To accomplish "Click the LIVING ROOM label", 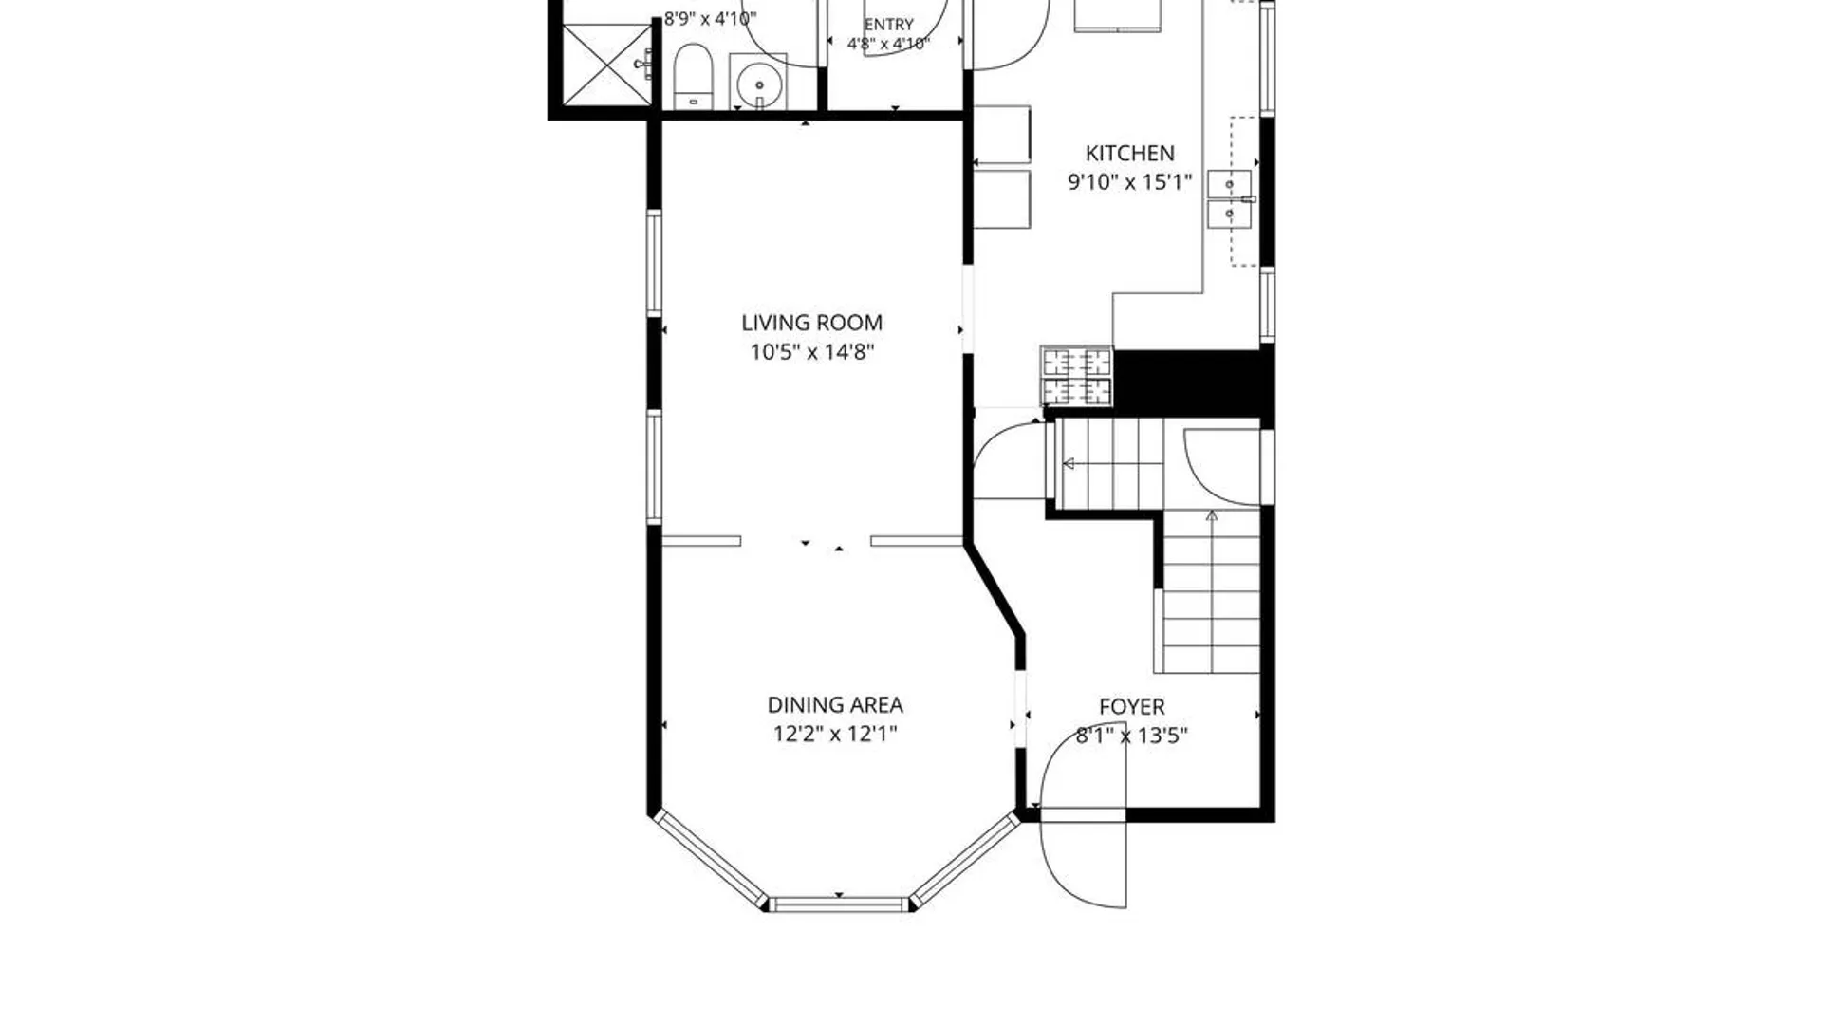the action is pos(811,323).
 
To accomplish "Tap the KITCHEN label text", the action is pos(1129,153).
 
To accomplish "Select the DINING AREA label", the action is pos(835,705).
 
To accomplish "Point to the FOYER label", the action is pos(1131,707).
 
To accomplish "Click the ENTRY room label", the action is pos(889,25).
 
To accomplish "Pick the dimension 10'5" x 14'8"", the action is pos(811,352).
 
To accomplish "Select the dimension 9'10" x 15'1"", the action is pos(1129,182).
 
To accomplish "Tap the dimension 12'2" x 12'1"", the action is pos(835,734).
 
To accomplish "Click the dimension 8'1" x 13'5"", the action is pos(1131,736).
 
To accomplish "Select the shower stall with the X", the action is pos(605,65).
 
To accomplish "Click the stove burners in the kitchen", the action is pos(1076,376).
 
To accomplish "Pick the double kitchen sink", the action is pos(1230,199).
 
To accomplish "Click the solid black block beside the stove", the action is pos(1192,383).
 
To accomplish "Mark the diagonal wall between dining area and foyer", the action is pos(994,588).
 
